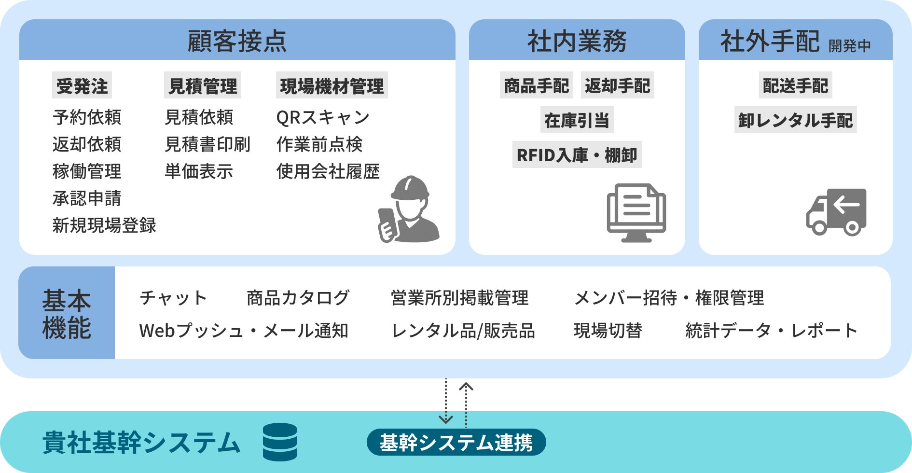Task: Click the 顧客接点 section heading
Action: tap(237, 41)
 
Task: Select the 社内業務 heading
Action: tap(577, 41)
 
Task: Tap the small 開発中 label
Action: tap(849, 46)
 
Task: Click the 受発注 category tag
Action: tap(82, 86)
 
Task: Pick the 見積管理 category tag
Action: tap(203, 86)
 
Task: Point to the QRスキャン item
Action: tap(322, 117)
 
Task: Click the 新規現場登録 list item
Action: tap(104, 225)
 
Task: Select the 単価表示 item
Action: tap(199, 171)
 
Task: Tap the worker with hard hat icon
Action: tap(409, 210)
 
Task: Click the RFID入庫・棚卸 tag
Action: tap(577, 155)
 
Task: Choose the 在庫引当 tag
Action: tap(577, 120)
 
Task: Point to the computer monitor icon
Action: tap(636, 212)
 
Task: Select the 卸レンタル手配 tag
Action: tap(795, 120)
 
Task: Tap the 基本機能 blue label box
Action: tap(67, 313)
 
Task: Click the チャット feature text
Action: tap(173, 298)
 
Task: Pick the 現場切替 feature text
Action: tap(608, 331)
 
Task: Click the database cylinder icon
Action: tap(280, 442)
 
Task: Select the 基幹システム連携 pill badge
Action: tap(456, 442)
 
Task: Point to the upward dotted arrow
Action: tap(466, 404)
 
